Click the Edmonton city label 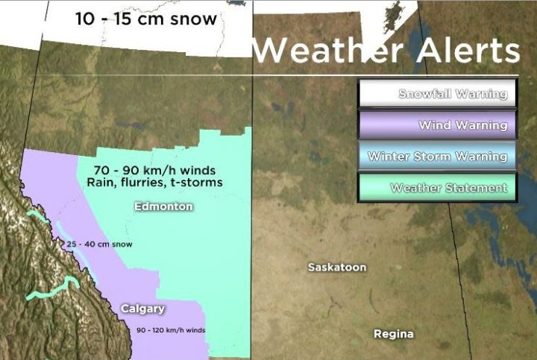[163, 206]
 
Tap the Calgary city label [142, 309]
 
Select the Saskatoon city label [337, 267]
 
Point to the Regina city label [393, 334]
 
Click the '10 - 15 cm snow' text [146, 19]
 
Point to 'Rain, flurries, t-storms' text [154, 182]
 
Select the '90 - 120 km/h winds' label [171, 330]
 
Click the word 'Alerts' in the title [462, 51]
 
